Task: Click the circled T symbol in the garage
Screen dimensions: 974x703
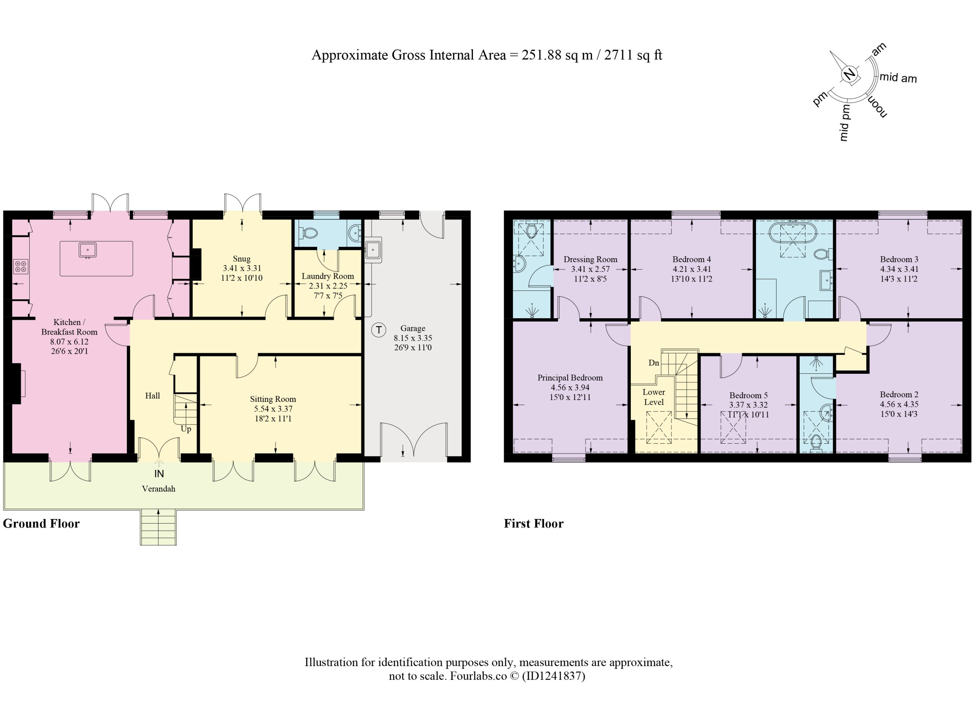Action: (378, 330)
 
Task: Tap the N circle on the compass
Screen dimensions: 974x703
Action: (849, 75)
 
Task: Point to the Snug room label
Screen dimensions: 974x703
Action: (242, 259)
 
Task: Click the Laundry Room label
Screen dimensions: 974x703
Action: (328, 276)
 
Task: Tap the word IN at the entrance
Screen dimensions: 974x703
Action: (159, 474)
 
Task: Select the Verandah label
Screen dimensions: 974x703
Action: (159, 489)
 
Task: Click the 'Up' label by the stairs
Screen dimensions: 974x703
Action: (186, 429)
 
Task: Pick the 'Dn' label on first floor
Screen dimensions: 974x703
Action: (654, 363)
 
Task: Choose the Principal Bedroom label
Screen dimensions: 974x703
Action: (570, 378)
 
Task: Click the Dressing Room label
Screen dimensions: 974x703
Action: (590, 260)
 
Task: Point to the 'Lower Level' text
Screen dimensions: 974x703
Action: (654, 397)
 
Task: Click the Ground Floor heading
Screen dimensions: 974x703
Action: (41, 524)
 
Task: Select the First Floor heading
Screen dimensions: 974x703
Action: (533, 524)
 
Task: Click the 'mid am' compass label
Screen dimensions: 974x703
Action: (898, 78)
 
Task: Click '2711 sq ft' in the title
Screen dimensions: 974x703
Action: (633, 55)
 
